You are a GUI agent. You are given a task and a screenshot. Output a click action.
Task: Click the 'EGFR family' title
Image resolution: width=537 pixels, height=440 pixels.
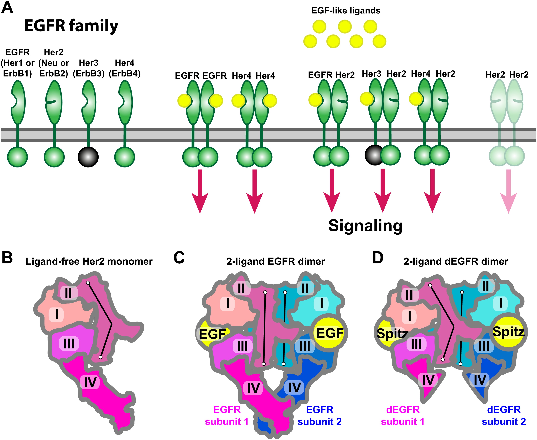71,26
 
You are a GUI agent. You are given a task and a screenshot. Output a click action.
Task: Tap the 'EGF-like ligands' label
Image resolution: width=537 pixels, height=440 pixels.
346,11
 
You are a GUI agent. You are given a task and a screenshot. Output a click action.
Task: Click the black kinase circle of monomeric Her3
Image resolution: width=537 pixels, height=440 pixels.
88,157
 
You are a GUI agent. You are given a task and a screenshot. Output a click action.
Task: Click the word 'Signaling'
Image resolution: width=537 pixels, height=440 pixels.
365,225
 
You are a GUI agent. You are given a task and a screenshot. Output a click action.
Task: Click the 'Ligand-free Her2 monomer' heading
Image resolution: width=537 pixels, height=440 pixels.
89,261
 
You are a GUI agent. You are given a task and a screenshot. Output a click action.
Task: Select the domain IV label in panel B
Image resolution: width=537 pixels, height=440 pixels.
90,382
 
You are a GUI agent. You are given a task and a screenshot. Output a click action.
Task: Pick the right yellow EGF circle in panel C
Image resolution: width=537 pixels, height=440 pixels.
330,333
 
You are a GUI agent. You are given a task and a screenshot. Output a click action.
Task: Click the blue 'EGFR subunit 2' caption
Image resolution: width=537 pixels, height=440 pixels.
320,416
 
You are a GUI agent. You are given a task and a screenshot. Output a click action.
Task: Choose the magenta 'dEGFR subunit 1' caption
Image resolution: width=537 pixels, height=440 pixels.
402,416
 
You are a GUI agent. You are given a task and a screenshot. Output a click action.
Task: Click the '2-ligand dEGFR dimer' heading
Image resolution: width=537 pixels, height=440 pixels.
456,261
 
